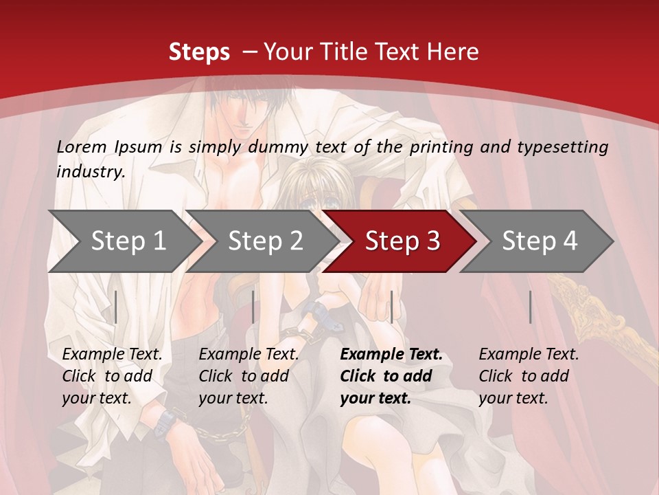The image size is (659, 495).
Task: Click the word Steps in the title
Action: coord(199,52)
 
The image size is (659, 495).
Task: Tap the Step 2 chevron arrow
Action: coord(265,241)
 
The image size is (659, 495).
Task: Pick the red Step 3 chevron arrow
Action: coord(402,241)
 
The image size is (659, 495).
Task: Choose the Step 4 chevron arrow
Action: coord(540,241)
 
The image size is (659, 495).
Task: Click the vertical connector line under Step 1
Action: coord(116,307)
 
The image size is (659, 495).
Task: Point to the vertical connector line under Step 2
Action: coord(253,307)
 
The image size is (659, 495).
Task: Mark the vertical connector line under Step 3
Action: coord(391,307)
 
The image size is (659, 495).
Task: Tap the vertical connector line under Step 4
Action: coord(530,307)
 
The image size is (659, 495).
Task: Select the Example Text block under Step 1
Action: coord(112,376)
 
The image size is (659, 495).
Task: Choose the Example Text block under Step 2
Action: coord(248,376)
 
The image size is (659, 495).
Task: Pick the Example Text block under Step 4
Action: coord(529,376)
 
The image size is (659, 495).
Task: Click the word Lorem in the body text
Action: coord(82,146)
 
